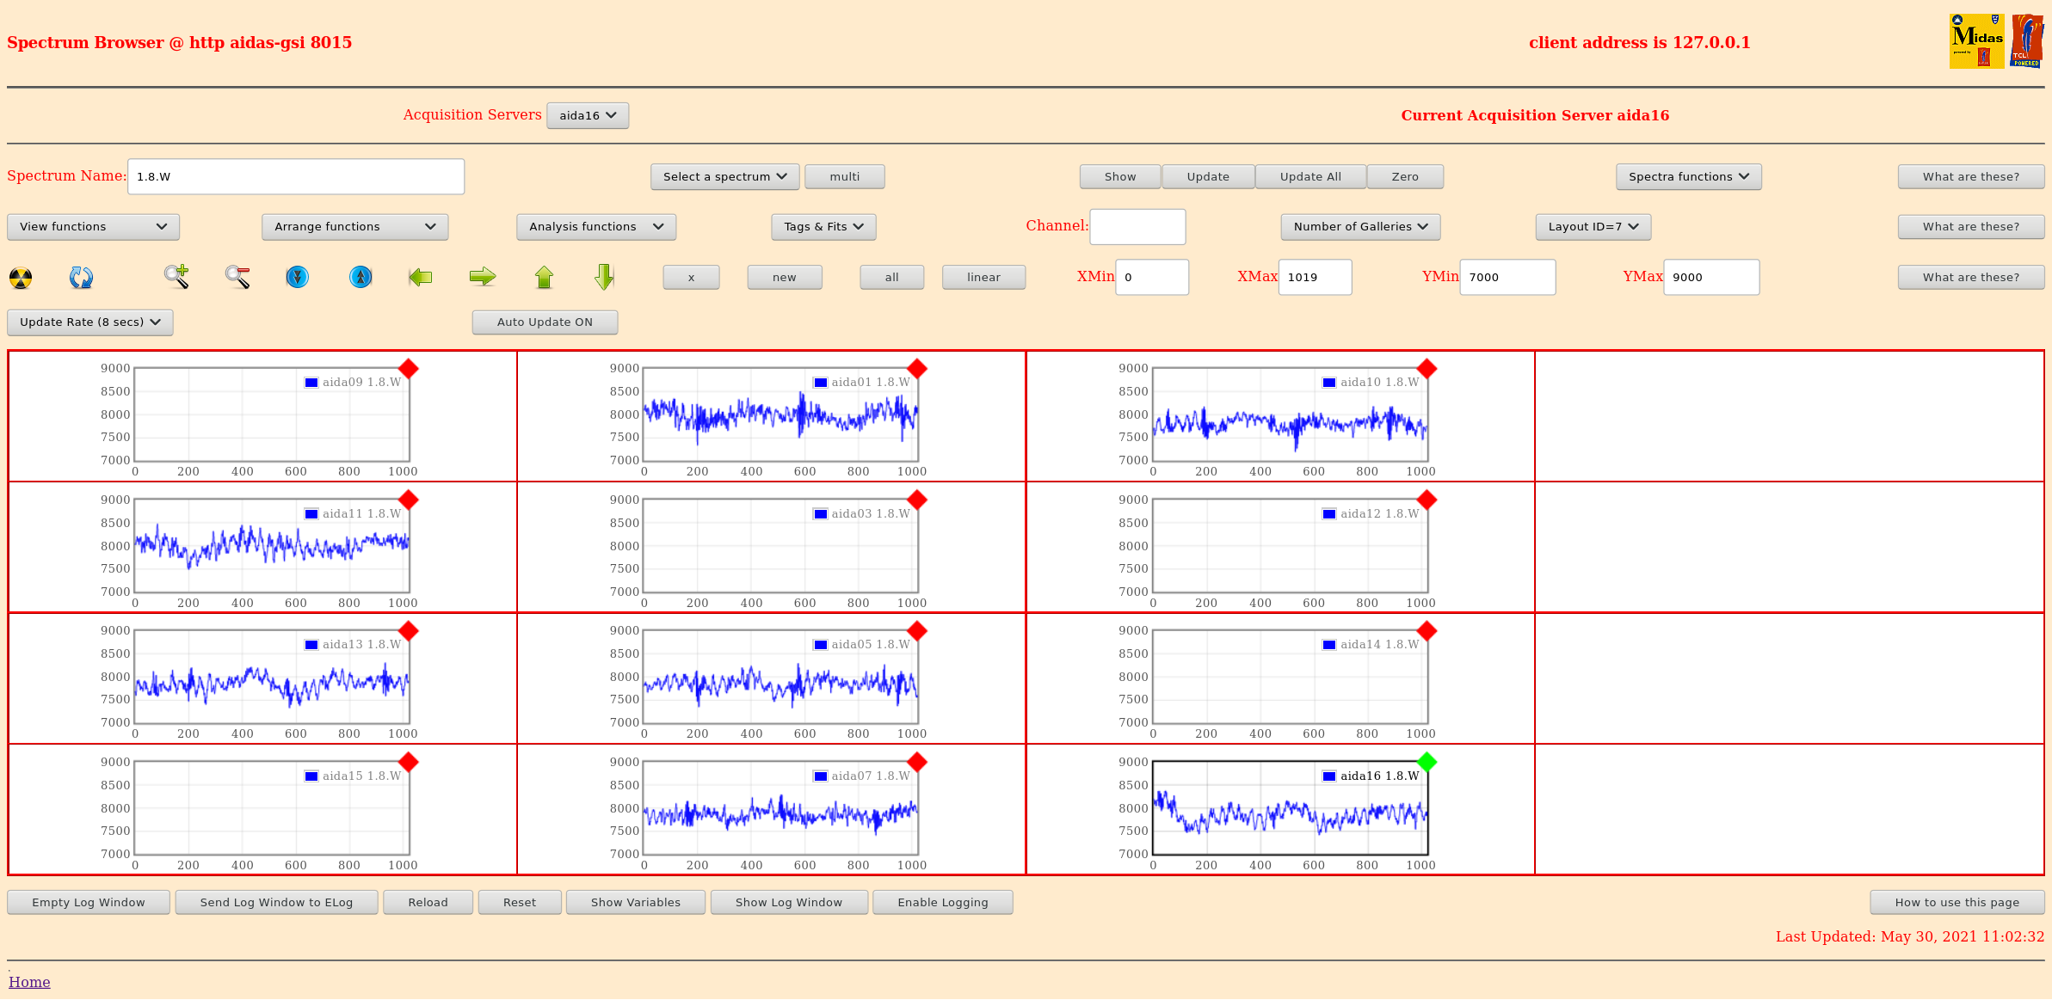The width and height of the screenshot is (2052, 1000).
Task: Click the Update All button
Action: pyautogui.click(x=1309, y=176)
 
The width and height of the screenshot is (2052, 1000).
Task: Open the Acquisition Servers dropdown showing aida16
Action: pyautogui.click(x=588, y=115)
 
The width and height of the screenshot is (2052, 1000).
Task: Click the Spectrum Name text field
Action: pyautogui.click(x=296, y=176)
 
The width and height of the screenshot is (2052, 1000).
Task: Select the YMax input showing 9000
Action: pyautogui.click(x=1710, y=277)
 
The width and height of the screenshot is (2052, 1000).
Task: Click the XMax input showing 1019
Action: pyautogui.click(x=1315, y=277)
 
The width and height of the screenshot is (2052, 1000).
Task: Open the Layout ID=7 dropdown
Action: pyautogui.click(x=1593, y=226)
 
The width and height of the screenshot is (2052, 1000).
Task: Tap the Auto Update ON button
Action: pyautogui.click(x=545, y=322)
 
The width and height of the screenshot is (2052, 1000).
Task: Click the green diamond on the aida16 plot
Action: pyautogui.click(x=1427, y=762)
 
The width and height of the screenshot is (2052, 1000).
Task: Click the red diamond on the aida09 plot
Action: pyautogui.click(x=409, y=369)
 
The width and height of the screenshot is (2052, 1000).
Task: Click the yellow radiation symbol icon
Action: pyautogui.click(x=21, y=278)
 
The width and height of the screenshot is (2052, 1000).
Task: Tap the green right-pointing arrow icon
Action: pyautogui.click(x=483, y=277)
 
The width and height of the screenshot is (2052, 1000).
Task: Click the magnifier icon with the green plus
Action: pyautogui.click(x=176, y=276)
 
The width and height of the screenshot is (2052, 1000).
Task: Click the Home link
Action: pyautogui.click(x=29, y=982)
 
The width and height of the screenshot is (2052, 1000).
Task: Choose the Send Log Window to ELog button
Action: pyautogui.click(x=276, y=902)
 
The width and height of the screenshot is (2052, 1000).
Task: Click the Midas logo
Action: pyautogui.click(x=1976, y=41)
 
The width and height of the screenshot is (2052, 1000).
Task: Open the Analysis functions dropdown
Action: pyautogui.click(x=596, y=226)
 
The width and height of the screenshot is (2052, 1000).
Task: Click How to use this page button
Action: pyautogui.click(x=1956, y=902)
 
